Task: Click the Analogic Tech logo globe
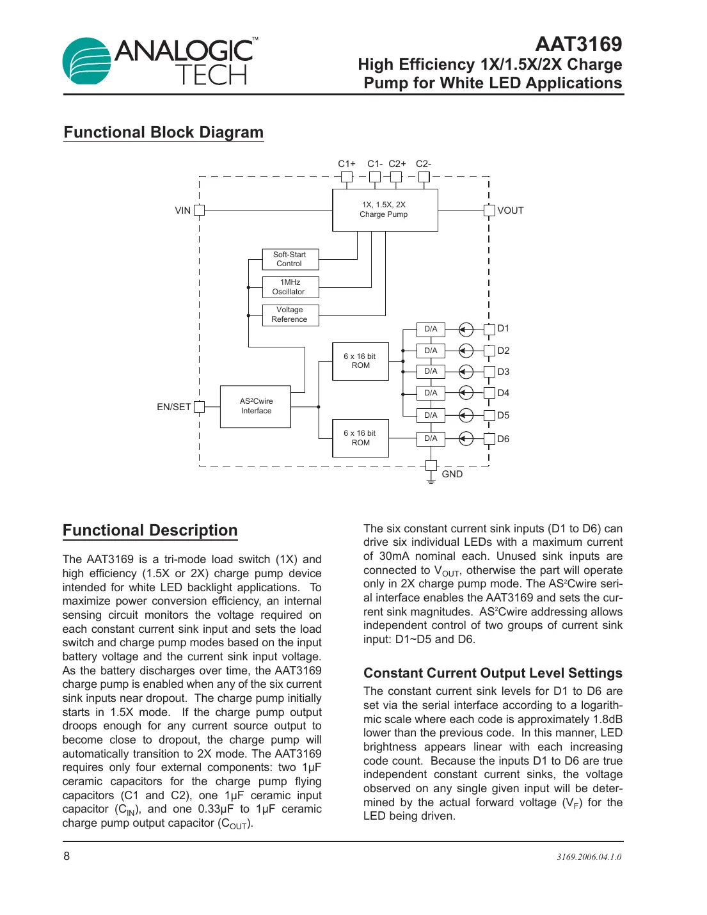pos(87,61)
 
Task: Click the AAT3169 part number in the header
pos(578,44)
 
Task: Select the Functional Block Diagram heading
pos(163,132)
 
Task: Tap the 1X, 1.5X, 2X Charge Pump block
pos(385,210)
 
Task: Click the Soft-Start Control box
pos(290,259)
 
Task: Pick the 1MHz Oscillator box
pos(290,287)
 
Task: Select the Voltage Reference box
pos(290,315)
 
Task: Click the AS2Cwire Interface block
pos(255,406)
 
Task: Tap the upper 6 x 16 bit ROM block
pos(360,362)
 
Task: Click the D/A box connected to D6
pos(431,438)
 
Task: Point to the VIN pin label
pos(182,211)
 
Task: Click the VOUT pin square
pos(489,211)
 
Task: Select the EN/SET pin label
pos(173,407)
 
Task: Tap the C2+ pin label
pos(397,164)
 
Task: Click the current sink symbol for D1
pos(466,330)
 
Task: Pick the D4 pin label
pos(504,393)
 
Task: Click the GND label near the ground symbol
pos(452,474)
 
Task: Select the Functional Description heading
pos(150,530)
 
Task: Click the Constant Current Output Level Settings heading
pos(493,673)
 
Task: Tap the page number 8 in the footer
pos(67,856)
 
